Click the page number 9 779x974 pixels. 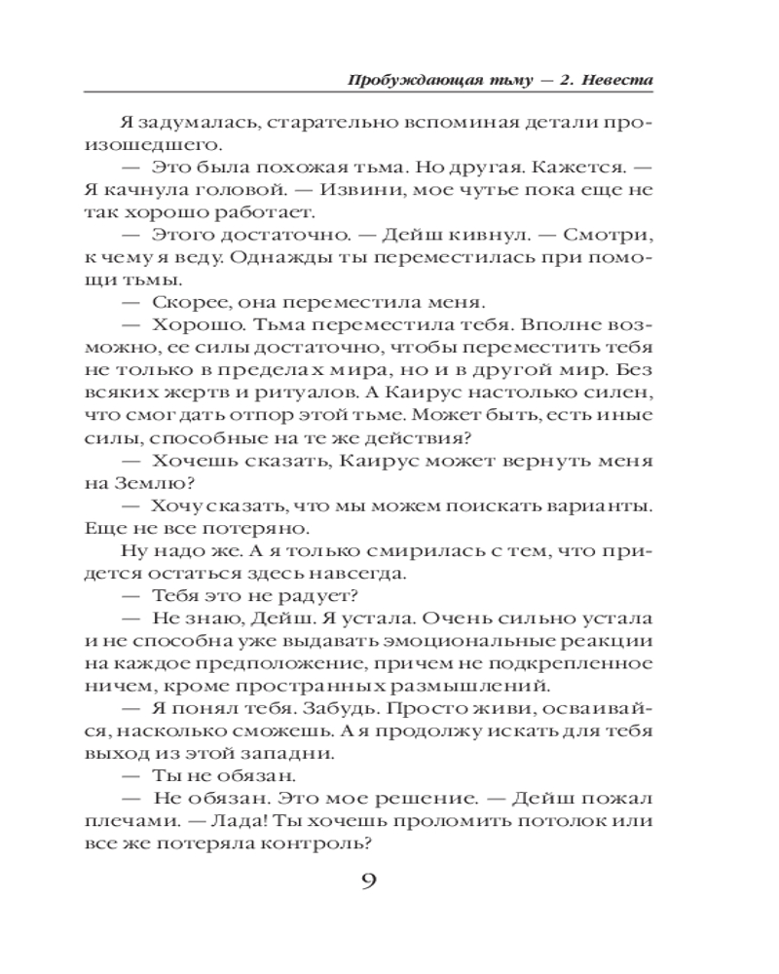point(369,883)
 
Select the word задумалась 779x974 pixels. point(181,125)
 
